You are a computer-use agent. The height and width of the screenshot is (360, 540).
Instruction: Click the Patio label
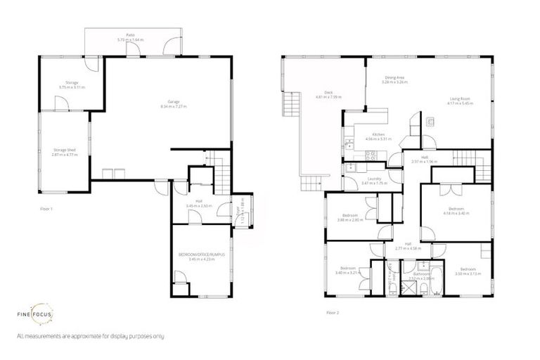130,35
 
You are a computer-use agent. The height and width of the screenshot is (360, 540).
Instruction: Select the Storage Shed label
64,149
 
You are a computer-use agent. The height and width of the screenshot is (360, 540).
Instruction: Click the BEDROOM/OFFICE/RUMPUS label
202,255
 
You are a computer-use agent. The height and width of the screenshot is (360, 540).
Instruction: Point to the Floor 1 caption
47,209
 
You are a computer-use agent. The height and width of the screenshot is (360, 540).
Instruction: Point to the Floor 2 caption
333,311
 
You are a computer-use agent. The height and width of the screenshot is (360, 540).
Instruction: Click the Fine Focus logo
35,315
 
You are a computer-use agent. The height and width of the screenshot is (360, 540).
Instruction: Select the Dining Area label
394,78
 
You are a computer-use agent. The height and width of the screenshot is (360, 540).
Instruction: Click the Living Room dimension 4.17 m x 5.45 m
460,103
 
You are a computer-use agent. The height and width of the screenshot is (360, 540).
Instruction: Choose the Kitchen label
378,134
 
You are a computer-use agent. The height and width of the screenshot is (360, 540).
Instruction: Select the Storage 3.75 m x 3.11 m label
72,83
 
